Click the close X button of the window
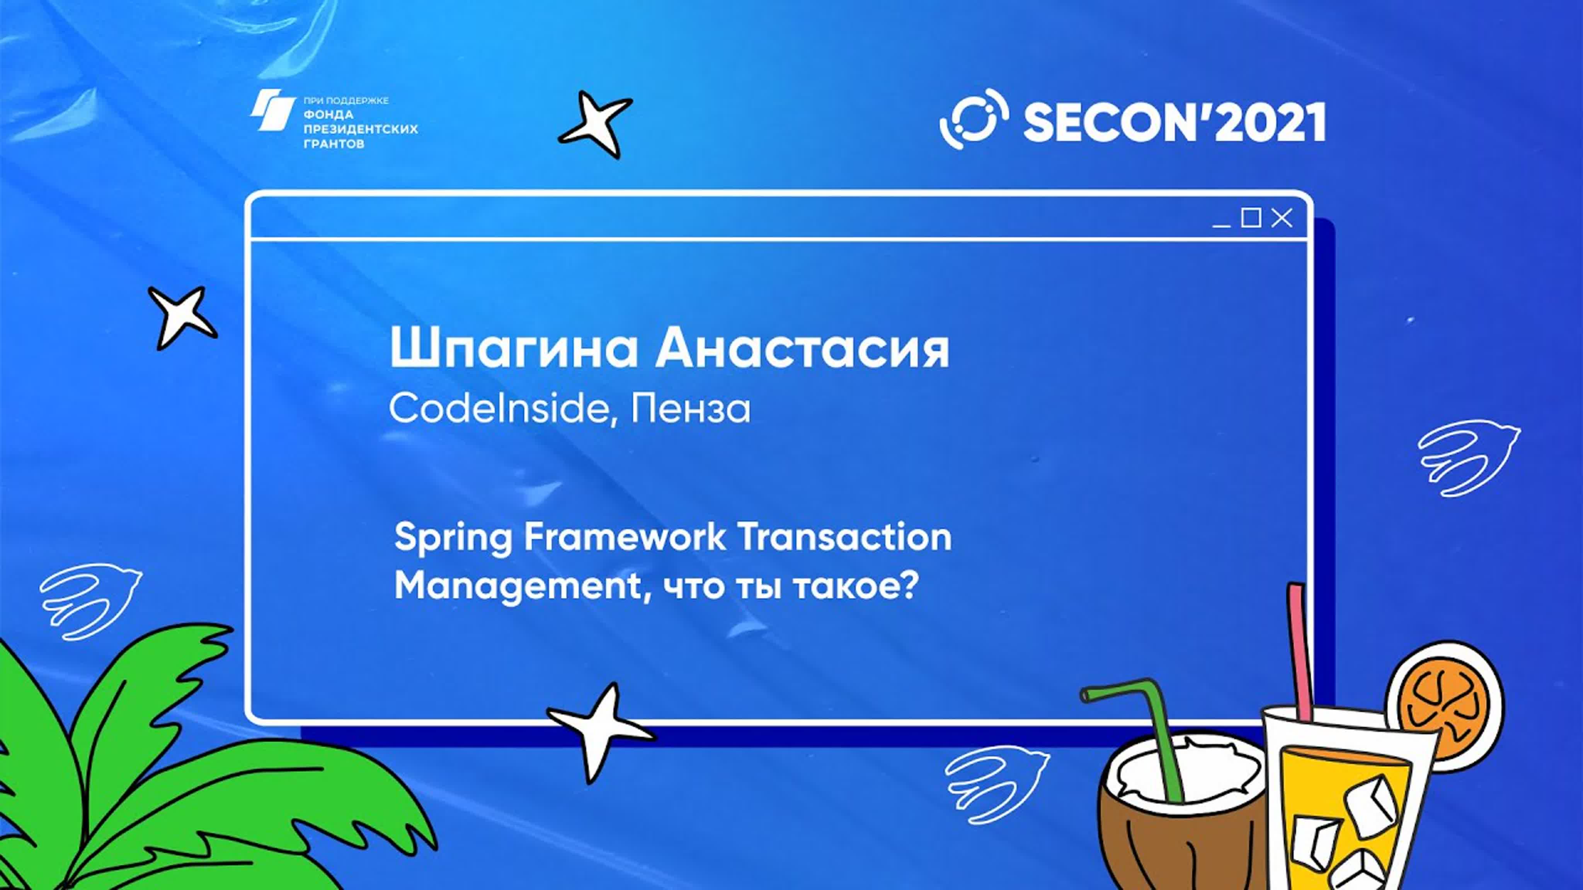pos(1282,218)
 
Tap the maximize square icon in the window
pos(1251,217)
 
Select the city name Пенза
pos(691,408)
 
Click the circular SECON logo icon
pos(974,120)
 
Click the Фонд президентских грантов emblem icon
pos(272,110)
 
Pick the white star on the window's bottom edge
pos(599,731)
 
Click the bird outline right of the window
pos(1468,458)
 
